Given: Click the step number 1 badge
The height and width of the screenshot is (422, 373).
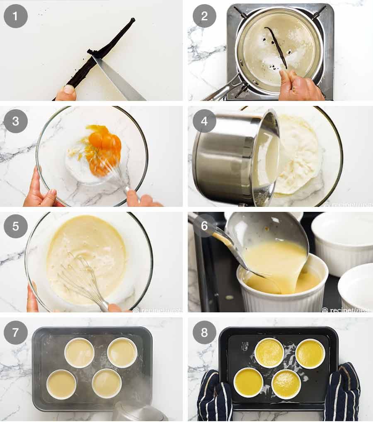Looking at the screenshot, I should click(16, 16).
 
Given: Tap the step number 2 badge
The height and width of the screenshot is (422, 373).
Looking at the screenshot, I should click(204, 16).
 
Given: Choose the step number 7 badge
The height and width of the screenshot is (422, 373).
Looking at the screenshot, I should click(16, 332).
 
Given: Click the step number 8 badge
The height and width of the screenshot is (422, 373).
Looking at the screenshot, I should click(204, 332).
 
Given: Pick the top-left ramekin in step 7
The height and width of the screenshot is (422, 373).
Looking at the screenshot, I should click(80, 352).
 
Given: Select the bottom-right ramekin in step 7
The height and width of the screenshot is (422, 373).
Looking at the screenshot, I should click(107, 383).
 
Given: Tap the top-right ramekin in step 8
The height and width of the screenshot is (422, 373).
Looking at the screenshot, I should click(310, 353).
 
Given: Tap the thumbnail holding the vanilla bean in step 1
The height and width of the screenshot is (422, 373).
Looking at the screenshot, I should click(69, 89).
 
